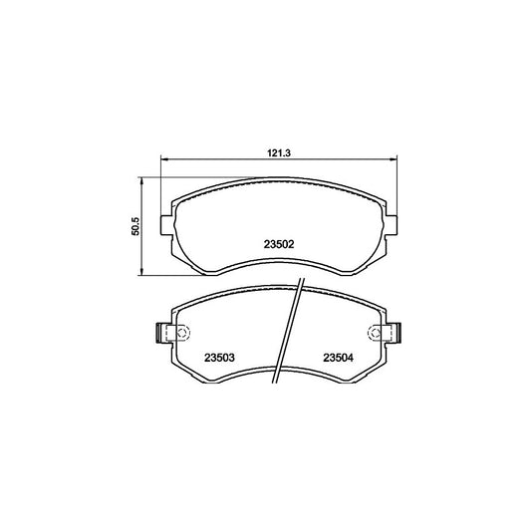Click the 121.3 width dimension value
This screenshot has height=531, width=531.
(279, 153)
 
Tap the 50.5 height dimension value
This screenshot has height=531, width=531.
(135, 226)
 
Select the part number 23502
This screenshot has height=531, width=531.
(279, 244)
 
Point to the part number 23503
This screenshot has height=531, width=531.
(219, 358)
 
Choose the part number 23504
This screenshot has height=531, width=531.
(338, 358)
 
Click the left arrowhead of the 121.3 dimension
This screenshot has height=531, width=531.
(164, 158)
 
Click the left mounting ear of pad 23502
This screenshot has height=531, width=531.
(166, 225)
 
